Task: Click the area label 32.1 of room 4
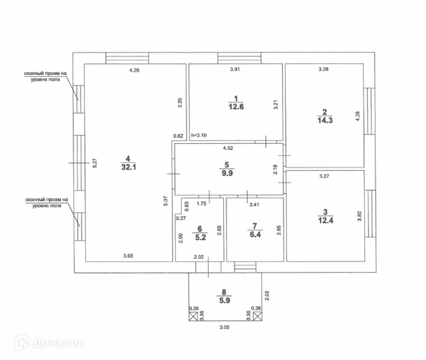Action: point(127,167)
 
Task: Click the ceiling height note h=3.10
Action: point(198,136)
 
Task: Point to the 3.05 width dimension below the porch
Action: point(224,326)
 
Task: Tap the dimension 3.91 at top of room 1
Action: point(235,70)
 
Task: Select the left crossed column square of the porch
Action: point(194,317)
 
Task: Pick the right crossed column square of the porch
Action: point(257,317)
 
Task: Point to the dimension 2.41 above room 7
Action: point(253,204)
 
